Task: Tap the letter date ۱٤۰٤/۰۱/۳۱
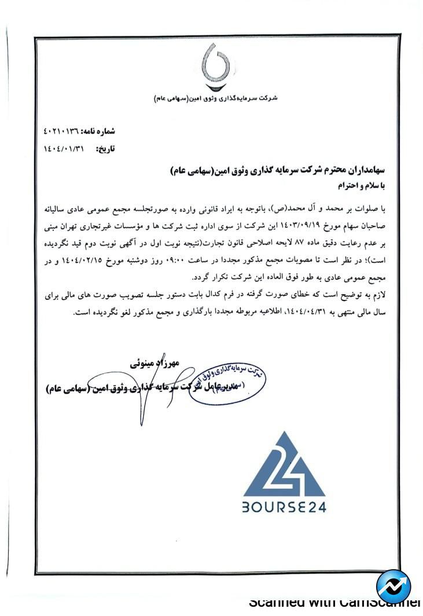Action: coord(64,149)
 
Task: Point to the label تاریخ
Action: coord(106,149)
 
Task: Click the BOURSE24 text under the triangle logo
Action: coord(284,507)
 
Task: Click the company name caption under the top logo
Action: coord(216,98)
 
